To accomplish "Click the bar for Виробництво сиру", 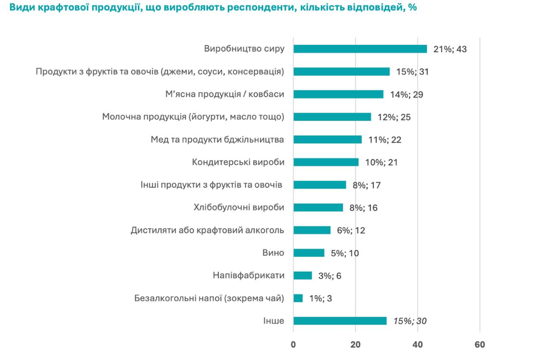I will tap(360, 49).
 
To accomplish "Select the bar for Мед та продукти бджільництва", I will tap(328, 140).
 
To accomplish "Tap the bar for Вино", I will tap(309, 253).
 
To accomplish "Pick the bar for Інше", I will tap(340, 321).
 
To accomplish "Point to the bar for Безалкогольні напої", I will tap(298, 298).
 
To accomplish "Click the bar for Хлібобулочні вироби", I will tap(318, 208).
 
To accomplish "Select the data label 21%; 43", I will tap(450, 49).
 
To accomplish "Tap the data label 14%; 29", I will tap(406, 94).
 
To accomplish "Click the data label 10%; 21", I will tap(381, 162).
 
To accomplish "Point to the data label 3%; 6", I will tap(329, 276).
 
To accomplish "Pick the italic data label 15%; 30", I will tap(409, 321).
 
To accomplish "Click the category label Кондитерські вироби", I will tap(238, 162).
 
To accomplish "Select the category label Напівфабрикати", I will tap(248, 276).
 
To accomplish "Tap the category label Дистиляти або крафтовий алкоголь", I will tap(207, 230).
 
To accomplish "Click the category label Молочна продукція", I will tap(193, 117).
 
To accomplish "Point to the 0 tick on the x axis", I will tap(293, 344).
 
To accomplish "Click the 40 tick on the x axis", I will tap(418, 344).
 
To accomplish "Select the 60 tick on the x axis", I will tap(480, 344).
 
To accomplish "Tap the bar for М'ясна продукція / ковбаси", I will tap(338, 94).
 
